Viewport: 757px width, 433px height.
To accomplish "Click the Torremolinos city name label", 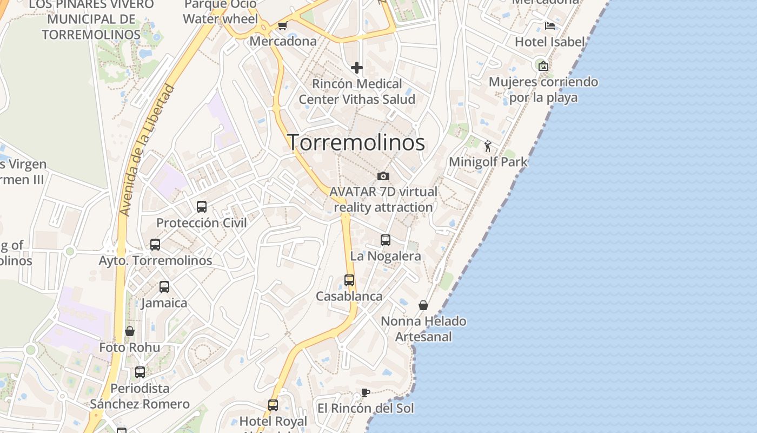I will [356, 142].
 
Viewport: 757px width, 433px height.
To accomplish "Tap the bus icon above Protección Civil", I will [202, 206].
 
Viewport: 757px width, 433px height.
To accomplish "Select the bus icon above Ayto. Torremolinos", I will [155, 244].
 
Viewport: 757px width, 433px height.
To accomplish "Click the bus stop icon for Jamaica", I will [164, 286].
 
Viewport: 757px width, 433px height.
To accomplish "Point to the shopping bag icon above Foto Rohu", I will [130, 331].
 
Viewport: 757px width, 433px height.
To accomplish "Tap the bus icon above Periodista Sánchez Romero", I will [140, 372].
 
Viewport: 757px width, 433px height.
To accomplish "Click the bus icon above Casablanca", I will [349, 280].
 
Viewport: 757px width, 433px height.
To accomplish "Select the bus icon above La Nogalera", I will [386, 240].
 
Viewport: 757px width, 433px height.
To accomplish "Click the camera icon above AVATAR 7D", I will [383, 176].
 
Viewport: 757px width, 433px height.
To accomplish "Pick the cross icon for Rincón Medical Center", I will [357, 68].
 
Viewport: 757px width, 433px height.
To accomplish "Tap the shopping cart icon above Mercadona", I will [282, 25].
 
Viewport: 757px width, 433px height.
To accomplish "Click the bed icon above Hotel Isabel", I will [550, 26].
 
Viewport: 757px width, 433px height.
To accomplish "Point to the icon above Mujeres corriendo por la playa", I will [543, 66].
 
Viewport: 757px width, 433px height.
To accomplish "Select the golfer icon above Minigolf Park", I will [488, 146].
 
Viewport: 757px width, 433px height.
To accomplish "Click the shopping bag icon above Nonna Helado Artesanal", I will [423, 305].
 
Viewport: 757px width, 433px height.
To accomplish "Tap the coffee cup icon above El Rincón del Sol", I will [366, 392].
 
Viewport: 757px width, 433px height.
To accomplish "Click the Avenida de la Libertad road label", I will [147, 150].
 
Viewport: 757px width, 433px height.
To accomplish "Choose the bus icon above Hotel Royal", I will [273, 405].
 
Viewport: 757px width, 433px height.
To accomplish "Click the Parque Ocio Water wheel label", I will [220, 12].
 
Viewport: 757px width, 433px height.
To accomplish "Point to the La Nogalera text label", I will [386, 256].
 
